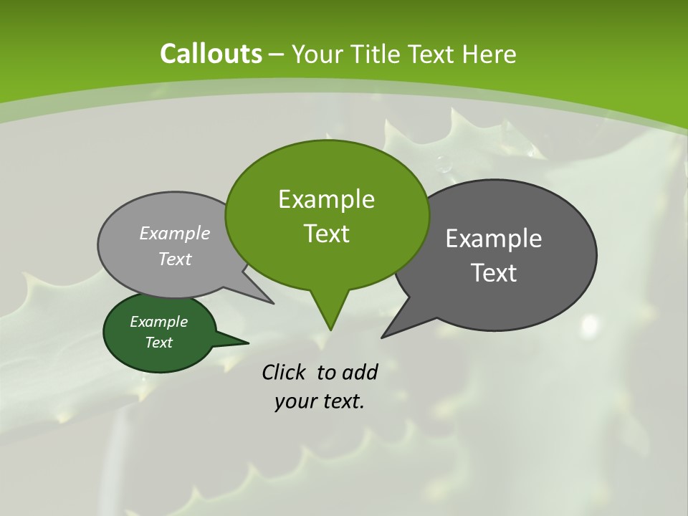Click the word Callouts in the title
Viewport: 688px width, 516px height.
pyautogui.click(x=211, y=54)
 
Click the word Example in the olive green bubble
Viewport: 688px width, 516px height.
pyautogui.click(x=326, y=199)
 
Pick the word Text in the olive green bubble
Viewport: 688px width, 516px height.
pyautogui.click(x=326, y=234)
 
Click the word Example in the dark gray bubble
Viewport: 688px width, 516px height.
pyautogui.click(x=494, y=239)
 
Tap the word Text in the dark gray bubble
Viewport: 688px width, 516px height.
pyautogui.click(x=494, y=273)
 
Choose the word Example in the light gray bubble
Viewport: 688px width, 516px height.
pyautogui.click(x=175, y=233)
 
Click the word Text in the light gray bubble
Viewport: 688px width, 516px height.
pyautogui.click(x=175, y=259)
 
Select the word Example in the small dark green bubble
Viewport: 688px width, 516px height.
pyautogui.click(x=158, y=322)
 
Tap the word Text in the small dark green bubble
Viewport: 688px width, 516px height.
pyautogui.click(x=158, y=343)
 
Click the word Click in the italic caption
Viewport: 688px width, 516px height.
pyautogui.click(x=285, y=373)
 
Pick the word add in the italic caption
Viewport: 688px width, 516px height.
pyautogui.click(x=360, y=373)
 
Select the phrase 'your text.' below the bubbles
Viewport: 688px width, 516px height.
pyautogui.click(x=320, y=401)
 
